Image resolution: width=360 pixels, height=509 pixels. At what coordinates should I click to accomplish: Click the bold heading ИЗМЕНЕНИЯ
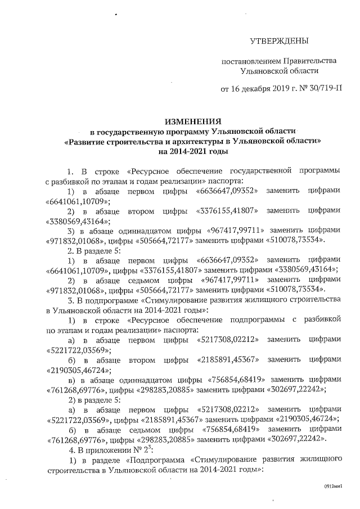coord(193,121)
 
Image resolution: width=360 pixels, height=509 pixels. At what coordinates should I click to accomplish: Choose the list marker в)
coord(71,380)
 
